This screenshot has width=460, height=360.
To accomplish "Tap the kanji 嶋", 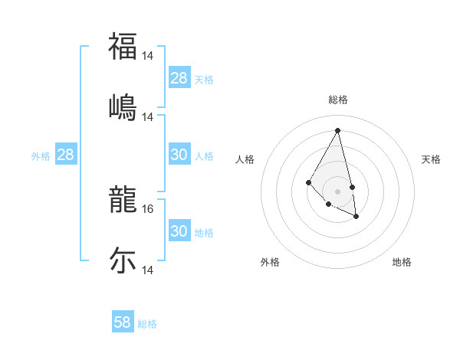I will click(123, 106).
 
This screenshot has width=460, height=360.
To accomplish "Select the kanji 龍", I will click(123, 198).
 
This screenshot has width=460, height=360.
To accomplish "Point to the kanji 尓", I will click(123, 260).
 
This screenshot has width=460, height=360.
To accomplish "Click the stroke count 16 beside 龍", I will click(149, 208).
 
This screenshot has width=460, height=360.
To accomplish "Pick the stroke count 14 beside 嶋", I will click(149, 117).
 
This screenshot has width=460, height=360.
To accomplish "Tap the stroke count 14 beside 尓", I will click(149, 270).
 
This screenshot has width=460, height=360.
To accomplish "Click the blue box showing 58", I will click(123, 322).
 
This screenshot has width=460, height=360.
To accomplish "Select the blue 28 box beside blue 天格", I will click(179, 78).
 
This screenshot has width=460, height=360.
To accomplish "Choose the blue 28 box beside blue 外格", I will click(66, 155).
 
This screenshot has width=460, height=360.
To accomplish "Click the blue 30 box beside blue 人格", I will click(179, 155).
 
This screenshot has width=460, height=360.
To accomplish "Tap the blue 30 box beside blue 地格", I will click(179, 231).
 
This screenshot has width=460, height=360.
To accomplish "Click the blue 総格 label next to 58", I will click(147, 324).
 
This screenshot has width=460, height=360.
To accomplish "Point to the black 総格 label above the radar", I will click(338, 100).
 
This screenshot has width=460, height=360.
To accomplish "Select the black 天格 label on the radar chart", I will click(432, 159).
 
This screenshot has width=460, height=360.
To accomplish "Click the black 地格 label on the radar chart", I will click(402, 262).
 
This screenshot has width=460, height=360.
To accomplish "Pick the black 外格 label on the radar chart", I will click(270, 262).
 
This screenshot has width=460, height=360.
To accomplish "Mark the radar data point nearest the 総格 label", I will click(338, 130).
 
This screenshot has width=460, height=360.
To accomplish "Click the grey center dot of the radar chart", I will click(338, 191).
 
